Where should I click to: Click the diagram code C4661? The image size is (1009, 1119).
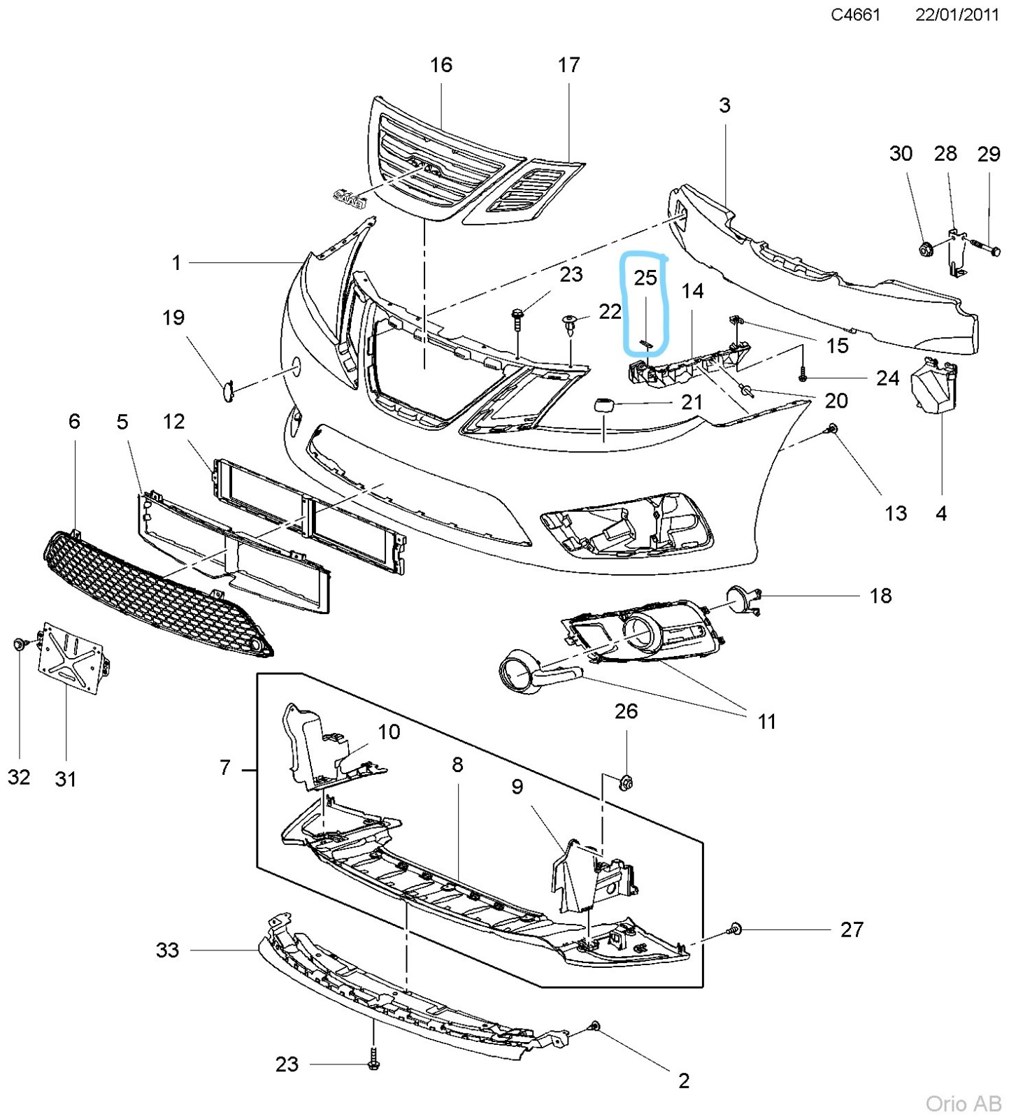[x=854, y=15]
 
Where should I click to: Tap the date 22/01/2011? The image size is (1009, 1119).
[x=957, y=15]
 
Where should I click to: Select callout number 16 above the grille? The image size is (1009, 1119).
[x=441, y=65]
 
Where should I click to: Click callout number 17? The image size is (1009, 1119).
[x=568, y=65]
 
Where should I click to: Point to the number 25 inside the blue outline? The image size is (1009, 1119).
[x=645, y=278]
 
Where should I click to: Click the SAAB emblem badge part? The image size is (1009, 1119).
[x=350, y=198]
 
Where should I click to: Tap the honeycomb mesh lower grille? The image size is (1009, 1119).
[x=154, y=594]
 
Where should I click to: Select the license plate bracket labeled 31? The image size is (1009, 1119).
[x=70, y=657]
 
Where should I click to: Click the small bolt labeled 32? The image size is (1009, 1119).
[x=20, y=643]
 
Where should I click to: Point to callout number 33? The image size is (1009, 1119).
[x=167, y=950]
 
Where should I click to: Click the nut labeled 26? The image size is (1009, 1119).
[x=626, y=782]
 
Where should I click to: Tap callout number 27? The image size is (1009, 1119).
[x=851, y=929]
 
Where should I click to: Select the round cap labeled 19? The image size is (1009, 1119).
[x=228, y=391]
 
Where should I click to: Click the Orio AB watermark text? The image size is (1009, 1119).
[x=963, y=1103]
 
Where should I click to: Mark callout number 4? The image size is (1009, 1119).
[x=940, y=513]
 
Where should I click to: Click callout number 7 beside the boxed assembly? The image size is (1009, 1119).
[x=224, y=768]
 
